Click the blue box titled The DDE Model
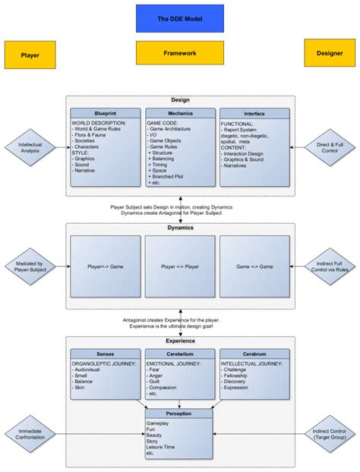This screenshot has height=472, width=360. pyautogui.click(x=180, y=18)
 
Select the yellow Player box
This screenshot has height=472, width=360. pyautogui.click(x=30, y=55)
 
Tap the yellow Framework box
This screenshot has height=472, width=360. pyautogui.click(x=180, y=53)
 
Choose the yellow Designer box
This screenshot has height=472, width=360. pyautogui.click(x=329, y=53)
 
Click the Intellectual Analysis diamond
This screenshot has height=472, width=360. pyautogui.click(x=30, y=147)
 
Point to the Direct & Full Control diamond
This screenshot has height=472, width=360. pyautogui.click(x=330, y=147)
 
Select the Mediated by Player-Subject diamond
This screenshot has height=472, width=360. pyautogui.click(x=30, y=267)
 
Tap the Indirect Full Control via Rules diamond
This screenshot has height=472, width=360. pyautogui.click(x=330, y=267)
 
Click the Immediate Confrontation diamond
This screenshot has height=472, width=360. pyautogui.click(x=30, y=434)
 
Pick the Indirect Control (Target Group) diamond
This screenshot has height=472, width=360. pyautogui.click(x=330, y=434)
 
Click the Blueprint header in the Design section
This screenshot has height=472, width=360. pyautogui.click(x=106, y=114)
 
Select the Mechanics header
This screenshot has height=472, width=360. pyautogui.click(x=180, y=114)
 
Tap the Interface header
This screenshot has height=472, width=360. pyautogui.click(x=254, y=114)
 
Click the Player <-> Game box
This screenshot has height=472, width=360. pyautogui.click(x=106, y=266)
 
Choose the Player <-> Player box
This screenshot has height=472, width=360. pyautogui.click(x=180, y=266)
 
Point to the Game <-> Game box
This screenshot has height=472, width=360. pyautogui.click(x=254, y=266)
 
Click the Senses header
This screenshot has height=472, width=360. pyautogui.click(x=106, y=354)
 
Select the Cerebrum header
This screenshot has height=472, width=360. pyautogui.click(x=254, y=354)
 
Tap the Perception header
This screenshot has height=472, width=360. pyautogui.click(x=180, y=414)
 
